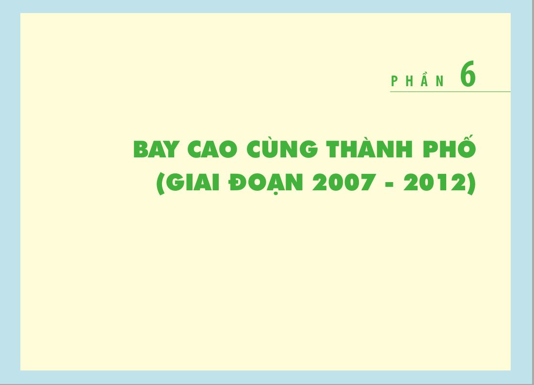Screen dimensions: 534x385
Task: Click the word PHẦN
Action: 418,80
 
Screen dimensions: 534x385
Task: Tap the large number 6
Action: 468,74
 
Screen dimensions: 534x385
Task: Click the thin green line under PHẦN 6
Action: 450,92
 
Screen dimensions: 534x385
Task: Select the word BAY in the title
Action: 156,149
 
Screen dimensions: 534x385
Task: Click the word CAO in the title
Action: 212,149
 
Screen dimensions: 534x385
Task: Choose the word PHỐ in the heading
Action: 449,146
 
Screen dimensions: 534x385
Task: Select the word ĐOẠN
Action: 266,184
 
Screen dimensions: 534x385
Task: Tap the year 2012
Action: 435,182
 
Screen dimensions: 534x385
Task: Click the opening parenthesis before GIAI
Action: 161,184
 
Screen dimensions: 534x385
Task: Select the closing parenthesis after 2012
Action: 471,184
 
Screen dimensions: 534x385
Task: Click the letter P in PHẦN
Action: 394,81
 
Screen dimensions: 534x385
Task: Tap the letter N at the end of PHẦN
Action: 440,81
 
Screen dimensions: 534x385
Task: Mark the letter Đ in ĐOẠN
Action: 237,183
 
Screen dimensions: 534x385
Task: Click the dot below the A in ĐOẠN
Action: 276,194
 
